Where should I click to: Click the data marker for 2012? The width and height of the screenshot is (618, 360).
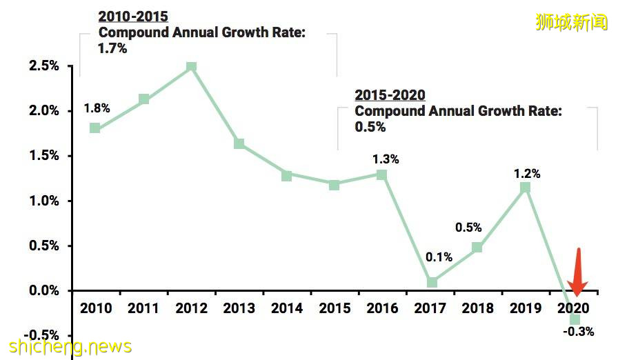(191, 67)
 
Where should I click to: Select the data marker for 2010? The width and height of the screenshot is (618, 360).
(95, 128)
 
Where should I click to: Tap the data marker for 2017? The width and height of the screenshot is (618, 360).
(432, 282)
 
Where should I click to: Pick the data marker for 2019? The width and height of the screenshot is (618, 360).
(526, 188)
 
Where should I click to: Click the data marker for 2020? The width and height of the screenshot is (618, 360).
(574, 319)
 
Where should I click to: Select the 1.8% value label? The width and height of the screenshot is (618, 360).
(97, 108)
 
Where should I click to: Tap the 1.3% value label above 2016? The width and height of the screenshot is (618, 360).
(386, 159)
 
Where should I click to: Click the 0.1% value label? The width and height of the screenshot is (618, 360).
(439, 257)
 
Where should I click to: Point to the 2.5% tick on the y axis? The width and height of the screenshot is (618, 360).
(43, 66)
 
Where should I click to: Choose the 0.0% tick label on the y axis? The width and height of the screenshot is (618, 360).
(43, 291)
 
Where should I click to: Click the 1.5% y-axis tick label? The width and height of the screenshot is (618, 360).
(43, 156)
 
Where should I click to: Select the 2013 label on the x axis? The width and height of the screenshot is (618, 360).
(239, 308)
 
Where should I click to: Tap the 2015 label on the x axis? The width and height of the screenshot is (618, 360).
(335, 308)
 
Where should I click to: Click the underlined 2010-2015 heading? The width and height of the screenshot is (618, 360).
(132, 17)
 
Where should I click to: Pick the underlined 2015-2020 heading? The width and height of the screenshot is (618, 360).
(390, 95)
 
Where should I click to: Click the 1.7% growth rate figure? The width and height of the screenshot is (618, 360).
(112, 49)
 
